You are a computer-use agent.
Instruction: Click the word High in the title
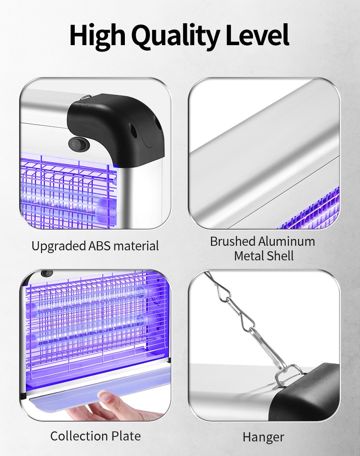(97, 36)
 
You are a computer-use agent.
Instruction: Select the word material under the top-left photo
(136, 246)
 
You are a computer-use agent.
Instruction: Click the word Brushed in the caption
(232, 241)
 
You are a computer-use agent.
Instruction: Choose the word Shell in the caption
(280, 256)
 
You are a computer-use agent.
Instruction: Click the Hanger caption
(263, 437)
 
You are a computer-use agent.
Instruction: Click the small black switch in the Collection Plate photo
(46, 274)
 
